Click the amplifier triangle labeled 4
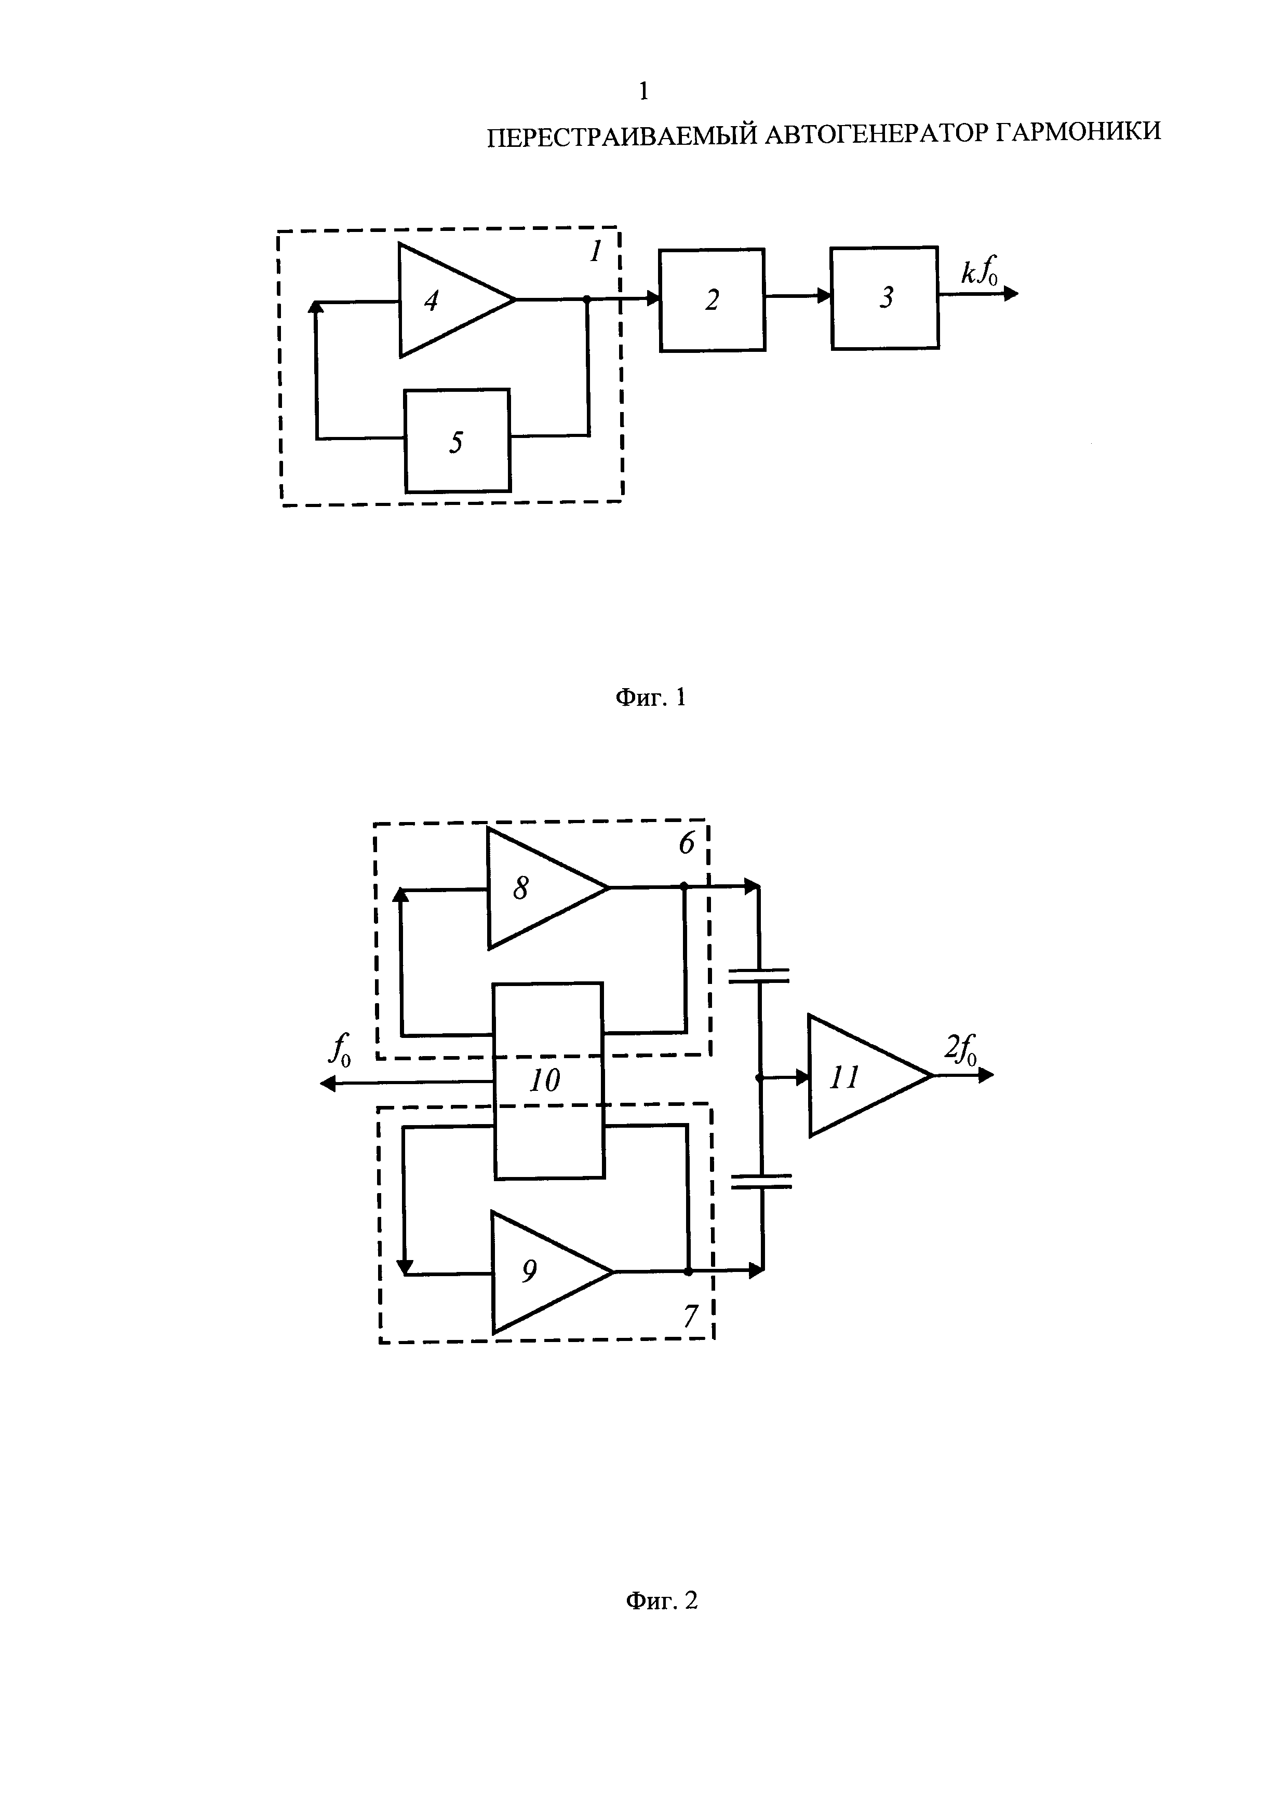448,299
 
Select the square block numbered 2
712,299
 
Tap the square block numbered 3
885,297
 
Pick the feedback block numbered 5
457,441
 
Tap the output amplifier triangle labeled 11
861,1076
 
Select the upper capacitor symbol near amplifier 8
759,975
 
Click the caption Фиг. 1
650,697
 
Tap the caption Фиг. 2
662,1600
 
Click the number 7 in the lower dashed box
691,1316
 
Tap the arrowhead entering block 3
825,296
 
